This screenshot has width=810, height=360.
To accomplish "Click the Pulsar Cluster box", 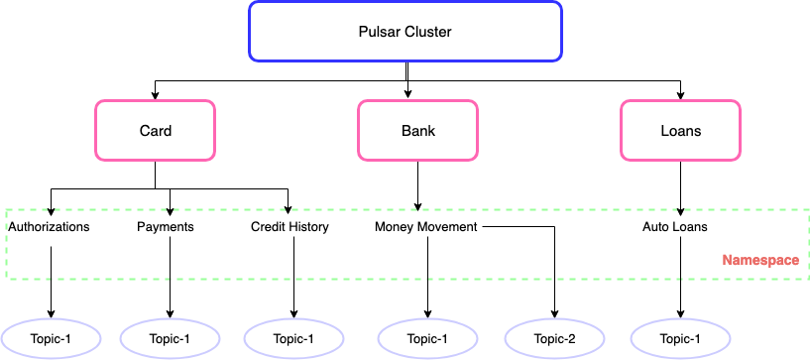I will pos(405,32).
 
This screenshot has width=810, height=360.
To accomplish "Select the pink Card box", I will pos(155,130).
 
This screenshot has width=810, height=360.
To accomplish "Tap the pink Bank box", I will pos(417,130).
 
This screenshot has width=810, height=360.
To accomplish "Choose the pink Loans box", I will pos(680,130).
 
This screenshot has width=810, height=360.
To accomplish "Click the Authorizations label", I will pos(49,227).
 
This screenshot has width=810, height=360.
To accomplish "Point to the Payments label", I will pos(165,227).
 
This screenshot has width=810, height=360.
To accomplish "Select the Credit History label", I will pos(289,227).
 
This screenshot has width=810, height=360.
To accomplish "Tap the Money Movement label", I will pos(426,227).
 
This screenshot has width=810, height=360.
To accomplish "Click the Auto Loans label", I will pos(675,227).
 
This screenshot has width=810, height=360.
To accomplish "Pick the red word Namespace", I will pos(759,260).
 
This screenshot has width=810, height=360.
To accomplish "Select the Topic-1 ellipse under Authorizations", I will pos(51,338).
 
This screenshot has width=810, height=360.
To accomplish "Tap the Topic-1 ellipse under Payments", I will pos(170,338).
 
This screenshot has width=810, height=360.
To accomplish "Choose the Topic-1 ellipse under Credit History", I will pos(292,338).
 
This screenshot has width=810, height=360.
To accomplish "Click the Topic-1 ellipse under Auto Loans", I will pos(680,338).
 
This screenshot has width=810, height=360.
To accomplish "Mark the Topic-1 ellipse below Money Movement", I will pos(428,338).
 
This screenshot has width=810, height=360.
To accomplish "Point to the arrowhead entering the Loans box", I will pos(680,95).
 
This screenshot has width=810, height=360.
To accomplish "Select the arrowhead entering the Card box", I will pos(155,95).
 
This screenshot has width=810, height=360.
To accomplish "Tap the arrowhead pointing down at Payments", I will pos(170,210).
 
